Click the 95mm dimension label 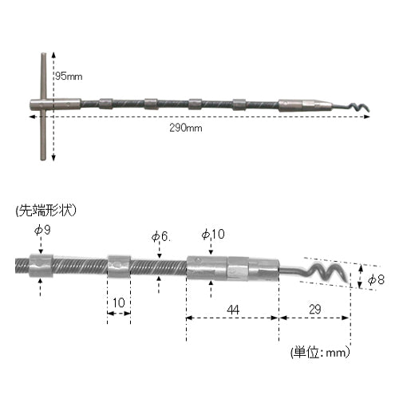point(69,77)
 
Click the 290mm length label point(186,128)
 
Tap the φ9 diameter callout point(42,230)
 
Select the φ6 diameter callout point(161,236)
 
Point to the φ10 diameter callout point(213,234)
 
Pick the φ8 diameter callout point(376,280)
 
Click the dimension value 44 point(233,310)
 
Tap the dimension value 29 point(315,310)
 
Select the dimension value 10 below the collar point(119,302)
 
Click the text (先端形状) point(46,211)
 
